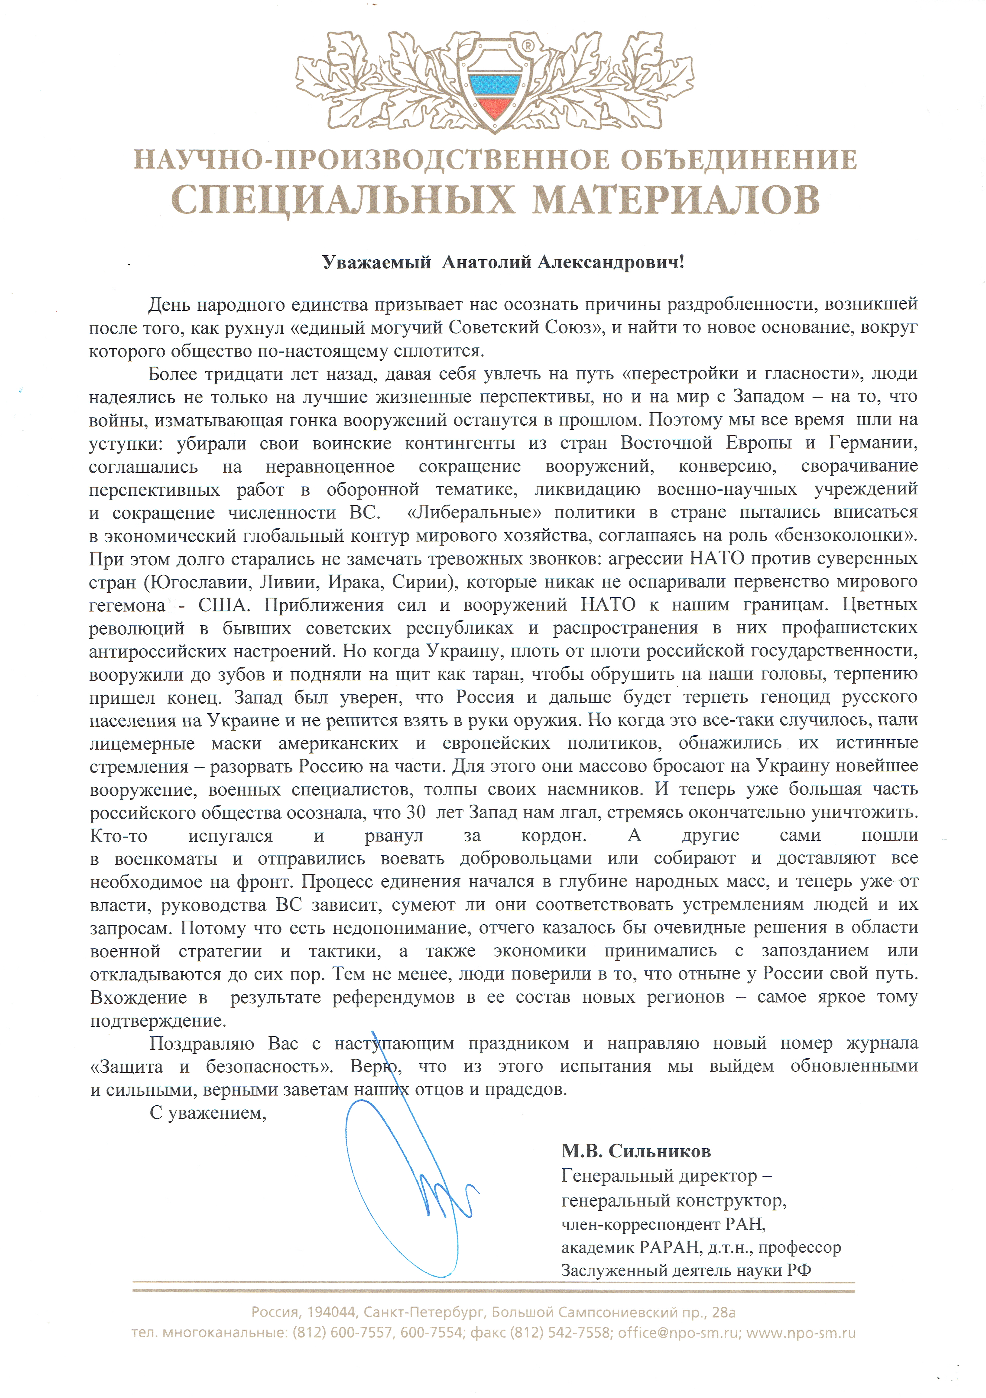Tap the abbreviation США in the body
223,605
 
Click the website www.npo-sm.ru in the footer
801,1333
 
